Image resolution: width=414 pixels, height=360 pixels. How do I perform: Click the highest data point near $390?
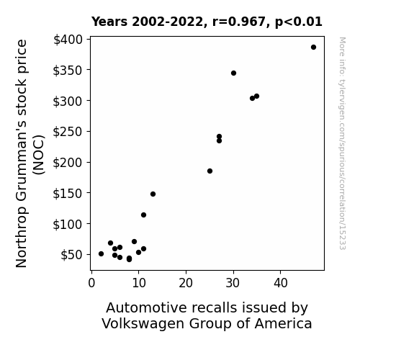313,48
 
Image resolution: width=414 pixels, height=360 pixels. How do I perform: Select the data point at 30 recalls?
233,73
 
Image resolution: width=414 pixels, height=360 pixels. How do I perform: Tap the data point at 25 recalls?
210,171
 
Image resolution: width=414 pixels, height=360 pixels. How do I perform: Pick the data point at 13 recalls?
153,194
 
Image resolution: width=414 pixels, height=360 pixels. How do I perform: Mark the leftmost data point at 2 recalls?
101,254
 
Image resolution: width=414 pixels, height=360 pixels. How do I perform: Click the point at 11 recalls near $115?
143,215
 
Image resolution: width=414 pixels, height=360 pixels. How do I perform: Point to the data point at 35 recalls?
256,96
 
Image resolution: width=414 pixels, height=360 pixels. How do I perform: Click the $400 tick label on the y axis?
68,40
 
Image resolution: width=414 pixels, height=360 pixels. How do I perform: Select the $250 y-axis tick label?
68,132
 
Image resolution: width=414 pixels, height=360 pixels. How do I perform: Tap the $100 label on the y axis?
68,224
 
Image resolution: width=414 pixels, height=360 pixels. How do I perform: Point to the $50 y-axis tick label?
72,255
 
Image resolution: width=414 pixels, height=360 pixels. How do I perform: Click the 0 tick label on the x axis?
91,283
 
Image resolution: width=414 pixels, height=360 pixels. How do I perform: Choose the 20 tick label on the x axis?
186,283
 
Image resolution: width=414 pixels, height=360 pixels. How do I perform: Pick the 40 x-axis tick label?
280,283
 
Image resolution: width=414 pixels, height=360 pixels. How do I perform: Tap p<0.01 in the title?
299,22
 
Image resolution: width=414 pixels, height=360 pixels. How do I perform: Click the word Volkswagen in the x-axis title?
143,324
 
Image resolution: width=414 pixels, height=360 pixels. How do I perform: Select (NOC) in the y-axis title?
39,155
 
